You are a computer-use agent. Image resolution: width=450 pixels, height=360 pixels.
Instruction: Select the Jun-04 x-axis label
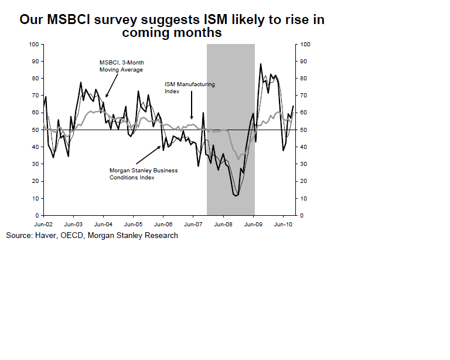(x=103, y=223)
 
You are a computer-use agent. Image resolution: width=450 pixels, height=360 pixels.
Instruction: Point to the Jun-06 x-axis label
(x=163, y=223)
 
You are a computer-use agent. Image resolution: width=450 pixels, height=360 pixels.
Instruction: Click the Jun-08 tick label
(x=223, y=223)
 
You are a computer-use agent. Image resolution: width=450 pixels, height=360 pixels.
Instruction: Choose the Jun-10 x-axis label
(x=284, y=223)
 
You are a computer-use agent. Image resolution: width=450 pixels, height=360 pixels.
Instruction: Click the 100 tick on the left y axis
(x=33, y=44)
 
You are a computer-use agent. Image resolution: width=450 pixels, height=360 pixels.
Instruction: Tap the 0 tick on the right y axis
(x=302, y=216)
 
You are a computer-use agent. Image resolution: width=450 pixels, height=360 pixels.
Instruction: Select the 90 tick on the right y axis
(x=304, y=61)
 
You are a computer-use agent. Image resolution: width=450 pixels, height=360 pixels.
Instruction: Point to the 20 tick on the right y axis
(x=304, y=181)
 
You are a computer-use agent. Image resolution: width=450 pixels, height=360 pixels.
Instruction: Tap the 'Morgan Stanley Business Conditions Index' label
(x=143, y=174)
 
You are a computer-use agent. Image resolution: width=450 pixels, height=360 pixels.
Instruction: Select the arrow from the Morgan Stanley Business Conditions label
(x=149, y=155)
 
